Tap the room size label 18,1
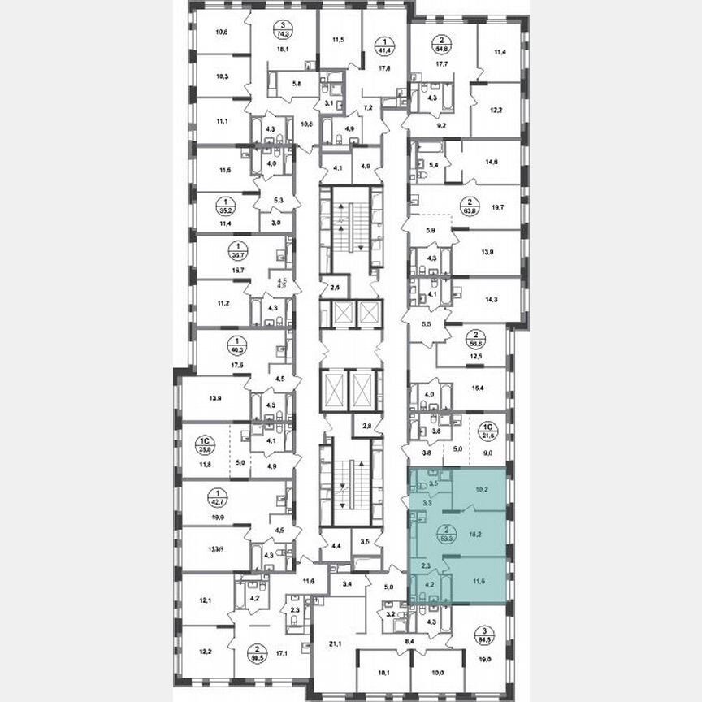pyautogui.click(x=282, y=48)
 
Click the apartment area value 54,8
pyautogui.click(x=444, y=48)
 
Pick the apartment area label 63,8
pyautogui.click(x=468, y=206)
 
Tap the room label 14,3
pyautogui.click(x=491, y=299)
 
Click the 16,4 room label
pyautogui.click(x=492, y=389)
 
